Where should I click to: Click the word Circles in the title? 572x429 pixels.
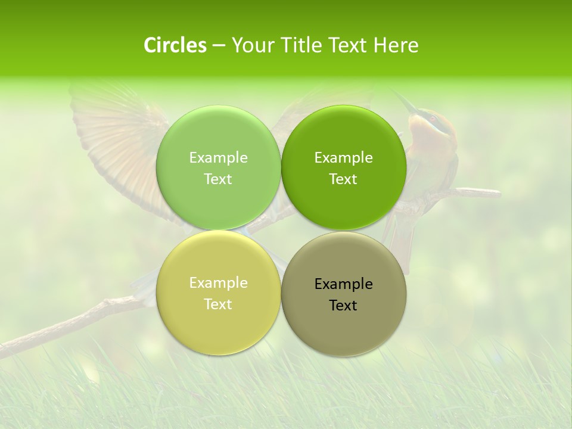tap(175, 45)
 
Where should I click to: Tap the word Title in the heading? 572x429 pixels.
tap(301, 45)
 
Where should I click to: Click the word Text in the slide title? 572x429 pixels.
tap(349, 45)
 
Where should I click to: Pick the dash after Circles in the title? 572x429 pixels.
tap(219, 46)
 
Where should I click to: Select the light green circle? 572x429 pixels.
tap(218, 137)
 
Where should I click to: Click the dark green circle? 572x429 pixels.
tap(343, 137)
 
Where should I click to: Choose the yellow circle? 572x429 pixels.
tap(218, 322)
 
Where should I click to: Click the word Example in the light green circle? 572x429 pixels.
tap(218, 157)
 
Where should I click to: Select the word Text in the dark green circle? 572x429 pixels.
tap(343, 179)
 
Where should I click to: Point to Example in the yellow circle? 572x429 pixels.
tap(218, 282)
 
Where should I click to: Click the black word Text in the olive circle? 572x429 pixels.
tap(343, 305)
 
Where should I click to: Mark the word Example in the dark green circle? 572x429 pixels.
tap(343, 157)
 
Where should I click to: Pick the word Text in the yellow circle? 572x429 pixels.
tap(218, 304)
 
